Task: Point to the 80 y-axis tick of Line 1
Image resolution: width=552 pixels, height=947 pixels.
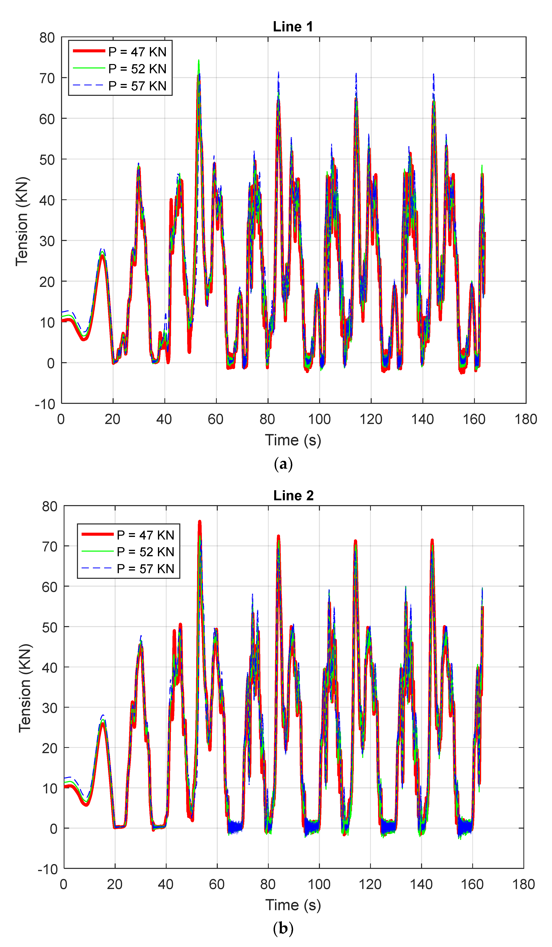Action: click(47, 38)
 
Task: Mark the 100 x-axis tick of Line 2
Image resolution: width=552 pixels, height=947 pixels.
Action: click(319, 884)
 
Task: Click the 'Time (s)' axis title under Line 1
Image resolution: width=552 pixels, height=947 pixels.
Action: click(293, 440)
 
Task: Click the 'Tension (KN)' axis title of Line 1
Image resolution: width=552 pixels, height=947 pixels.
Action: click(22, 221)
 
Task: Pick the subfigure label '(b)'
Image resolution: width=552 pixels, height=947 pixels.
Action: click(283, 928)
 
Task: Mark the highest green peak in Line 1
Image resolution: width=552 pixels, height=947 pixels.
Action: click(199, 60)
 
